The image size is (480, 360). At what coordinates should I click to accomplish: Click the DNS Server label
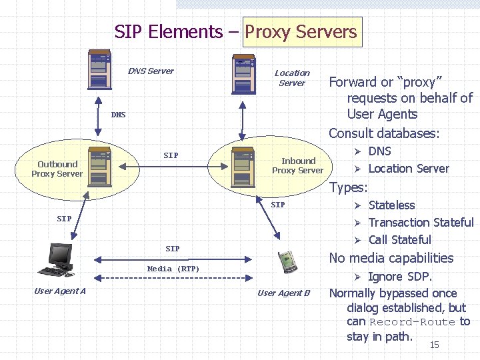pos(151,71)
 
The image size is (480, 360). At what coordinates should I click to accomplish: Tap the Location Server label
pos(292,78)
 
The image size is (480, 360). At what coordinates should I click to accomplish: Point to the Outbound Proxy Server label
pos(57,169)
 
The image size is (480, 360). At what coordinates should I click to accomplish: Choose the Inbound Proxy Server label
pos(297,165)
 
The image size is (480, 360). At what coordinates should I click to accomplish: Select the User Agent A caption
pos(59,291)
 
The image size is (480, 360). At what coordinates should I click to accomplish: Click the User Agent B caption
pos(283,293)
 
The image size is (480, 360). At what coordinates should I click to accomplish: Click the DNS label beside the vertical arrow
pos(118,115)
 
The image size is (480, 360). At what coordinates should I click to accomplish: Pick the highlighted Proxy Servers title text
pos(301,32)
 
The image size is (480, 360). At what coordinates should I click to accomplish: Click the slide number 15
pos(434,345)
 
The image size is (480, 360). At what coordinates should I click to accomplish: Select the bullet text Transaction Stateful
pos(421,223)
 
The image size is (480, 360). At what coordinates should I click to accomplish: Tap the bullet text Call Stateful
pos(399,240)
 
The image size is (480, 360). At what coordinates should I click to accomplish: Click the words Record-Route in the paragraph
pos(412,322)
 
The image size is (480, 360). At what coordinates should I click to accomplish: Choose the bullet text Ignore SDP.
pos(400,277)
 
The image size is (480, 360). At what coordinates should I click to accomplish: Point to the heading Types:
pos(348,188)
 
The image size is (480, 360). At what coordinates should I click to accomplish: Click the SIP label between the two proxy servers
pos(171,155)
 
